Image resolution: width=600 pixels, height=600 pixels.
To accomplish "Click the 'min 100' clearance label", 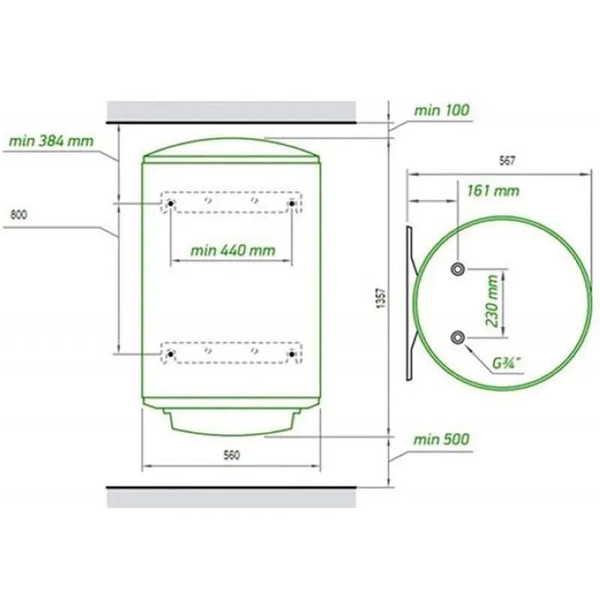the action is click(x=442, y=110).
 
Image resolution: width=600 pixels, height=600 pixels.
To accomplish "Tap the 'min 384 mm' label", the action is click(x=51, y=141).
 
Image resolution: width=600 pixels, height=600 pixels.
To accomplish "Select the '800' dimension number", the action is click(x=19, y=214).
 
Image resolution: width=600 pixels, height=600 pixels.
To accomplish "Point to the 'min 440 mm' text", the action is click(x=232, y=250).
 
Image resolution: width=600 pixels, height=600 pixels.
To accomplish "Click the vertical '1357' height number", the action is click(x=382, y=298).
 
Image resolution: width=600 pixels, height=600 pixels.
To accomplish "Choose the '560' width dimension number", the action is click(x=232, y=455).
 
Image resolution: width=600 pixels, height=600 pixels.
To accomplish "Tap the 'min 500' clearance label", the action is click(x=441, y=439).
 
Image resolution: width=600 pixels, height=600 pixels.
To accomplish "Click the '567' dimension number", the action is click(x=507, y=161).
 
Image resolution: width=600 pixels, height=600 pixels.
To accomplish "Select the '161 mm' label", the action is click(x=493, y=190).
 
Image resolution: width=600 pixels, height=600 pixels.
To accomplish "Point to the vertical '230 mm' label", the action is click(x=493, y=301).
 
